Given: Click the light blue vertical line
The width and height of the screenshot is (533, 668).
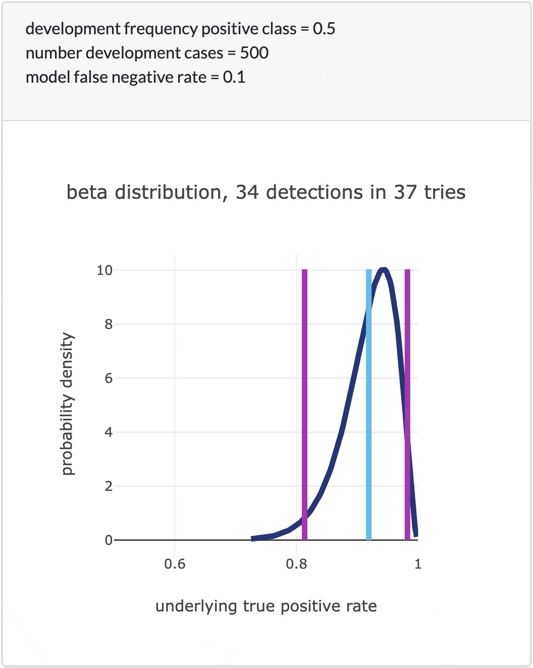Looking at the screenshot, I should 368,404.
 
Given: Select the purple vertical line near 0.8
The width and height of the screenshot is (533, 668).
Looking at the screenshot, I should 304,404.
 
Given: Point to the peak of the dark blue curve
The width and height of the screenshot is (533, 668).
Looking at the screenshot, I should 384,269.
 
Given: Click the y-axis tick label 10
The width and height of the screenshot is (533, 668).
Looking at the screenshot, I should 104,270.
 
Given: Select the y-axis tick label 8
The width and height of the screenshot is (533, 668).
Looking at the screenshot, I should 109,324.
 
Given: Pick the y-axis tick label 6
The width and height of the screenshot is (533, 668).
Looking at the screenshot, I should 109,378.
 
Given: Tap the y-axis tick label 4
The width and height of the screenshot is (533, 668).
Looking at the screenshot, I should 109,432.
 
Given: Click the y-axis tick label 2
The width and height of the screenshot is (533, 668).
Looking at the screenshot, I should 109,486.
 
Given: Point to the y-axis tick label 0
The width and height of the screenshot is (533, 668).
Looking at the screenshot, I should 109,540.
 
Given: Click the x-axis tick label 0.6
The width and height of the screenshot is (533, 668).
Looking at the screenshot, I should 175,564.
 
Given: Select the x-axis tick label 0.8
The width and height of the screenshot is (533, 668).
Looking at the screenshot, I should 296,564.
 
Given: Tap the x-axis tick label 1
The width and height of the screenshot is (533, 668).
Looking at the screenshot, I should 417,564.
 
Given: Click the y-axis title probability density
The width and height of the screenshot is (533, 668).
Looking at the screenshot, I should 67,404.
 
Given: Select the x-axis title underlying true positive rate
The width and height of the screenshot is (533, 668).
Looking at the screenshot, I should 266,606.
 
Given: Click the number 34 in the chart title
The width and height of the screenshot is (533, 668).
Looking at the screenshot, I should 247,192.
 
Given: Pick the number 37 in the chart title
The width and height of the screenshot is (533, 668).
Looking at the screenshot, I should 405,192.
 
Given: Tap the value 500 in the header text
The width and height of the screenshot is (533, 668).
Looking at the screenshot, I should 254,53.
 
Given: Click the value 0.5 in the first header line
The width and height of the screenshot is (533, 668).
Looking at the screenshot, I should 324,29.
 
